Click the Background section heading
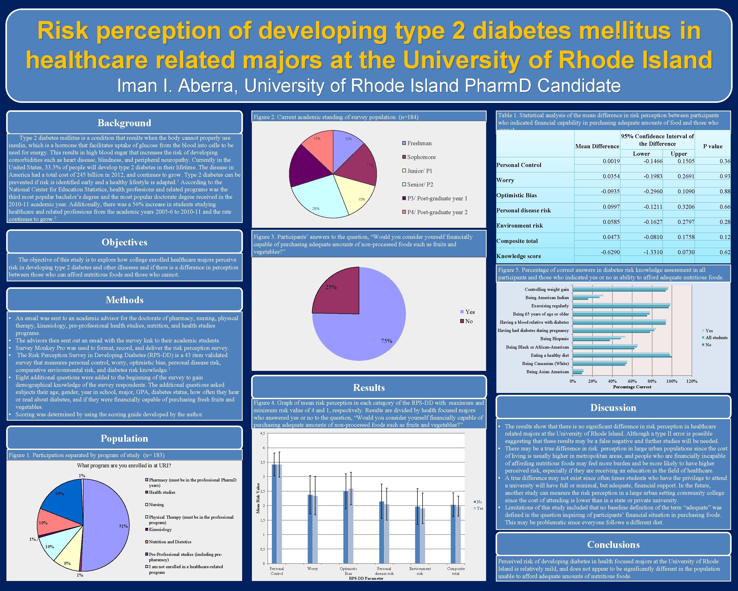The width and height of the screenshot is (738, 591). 124,123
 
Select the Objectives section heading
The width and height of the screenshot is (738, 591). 124,242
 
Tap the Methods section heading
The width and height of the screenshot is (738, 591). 124,300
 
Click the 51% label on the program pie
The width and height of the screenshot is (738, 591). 123,526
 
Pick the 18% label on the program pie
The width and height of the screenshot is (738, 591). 59,493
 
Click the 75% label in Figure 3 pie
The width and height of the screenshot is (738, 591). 386,341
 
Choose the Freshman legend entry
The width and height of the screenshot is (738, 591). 419,143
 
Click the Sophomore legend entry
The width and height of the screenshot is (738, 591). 421,157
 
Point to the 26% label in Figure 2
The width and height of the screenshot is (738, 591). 316,208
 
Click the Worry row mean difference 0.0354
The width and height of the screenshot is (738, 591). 611,176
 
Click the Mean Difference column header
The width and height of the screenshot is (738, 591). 597,146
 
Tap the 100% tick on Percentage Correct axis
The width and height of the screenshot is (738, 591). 671,381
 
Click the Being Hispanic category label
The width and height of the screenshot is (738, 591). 555,339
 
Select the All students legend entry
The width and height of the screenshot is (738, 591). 716,338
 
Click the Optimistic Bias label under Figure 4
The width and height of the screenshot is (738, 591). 348,571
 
